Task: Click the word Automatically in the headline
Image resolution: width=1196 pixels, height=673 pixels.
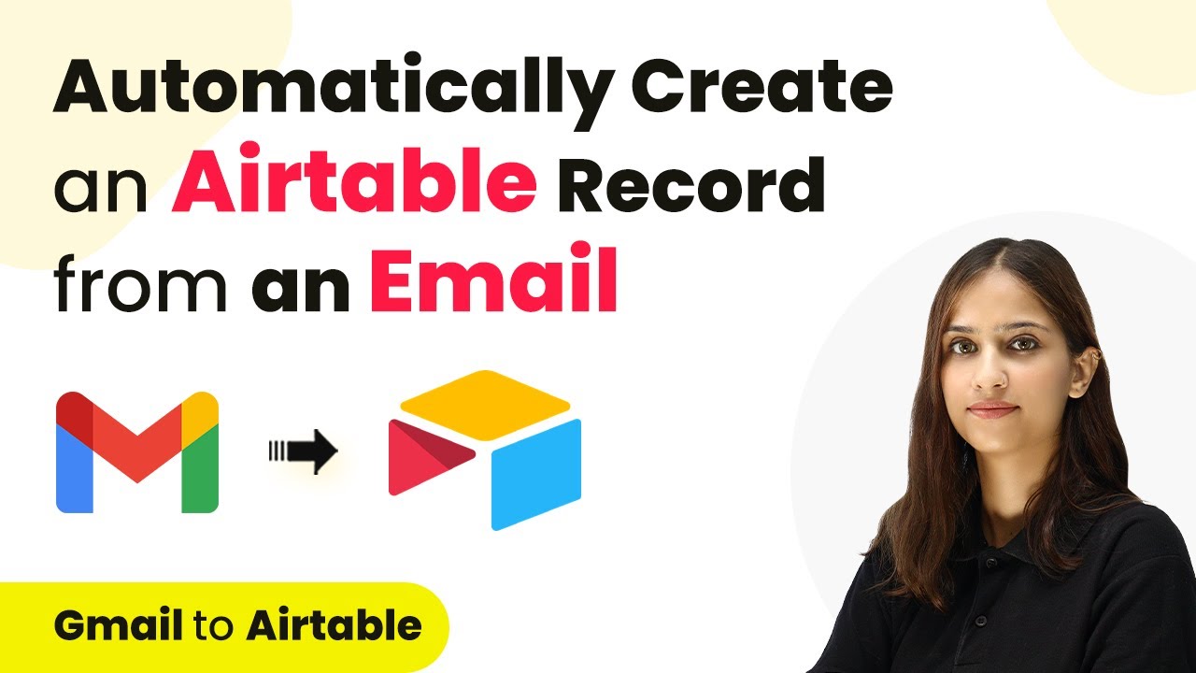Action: [334, 91]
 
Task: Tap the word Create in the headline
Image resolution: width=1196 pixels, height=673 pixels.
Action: [762, 85]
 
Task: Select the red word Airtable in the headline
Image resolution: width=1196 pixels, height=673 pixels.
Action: [354, 178]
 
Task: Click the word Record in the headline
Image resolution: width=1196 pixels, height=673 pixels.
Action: [691, 184]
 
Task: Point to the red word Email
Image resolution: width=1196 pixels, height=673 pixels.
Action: [494, 277]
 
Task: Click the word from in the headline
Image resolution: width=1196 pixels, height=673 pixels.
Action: [140, 283]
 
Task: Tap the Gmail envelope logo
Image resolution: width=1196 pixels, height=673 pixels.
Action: [137, 452]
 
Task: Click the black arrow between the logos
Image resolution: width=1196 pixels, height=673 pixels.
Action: [304, 451]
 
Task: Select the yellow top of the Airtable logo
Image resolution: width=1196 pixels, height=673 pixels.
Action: [485, 405]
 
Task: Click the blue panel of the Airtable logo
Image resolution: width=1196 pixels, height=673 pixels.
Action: [536, 474]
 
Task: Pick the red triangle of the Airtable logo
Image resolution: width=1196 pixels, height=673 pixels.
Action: [426, 457]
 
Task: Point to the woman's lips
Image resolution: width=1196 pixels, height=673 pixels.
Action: [992, 409]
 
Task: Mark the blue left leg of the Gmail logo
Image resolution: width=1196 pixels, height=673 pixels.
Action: [74, 469]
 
